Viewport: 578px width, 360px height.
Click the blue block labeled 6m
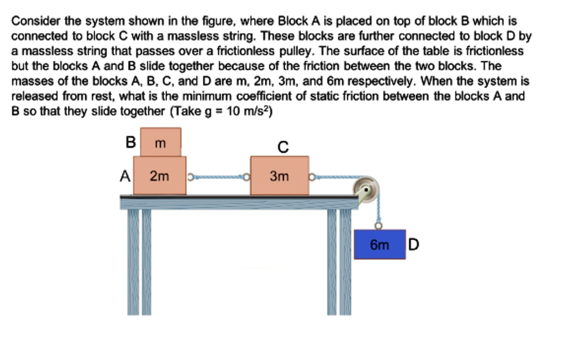pyautogui.click(x=379, y=244)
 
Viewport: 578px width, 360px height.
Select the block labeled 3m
pyautogui.click(x=279, y=176)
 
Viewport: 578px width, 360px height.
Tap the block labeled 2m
pyautogui.click(x=160, y=176)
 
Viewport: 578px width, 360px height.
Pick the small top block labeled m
pyautogui.click(x=160, y=142)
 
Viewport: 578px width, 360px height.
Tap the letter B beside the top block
pyautogui.click(x=131, y=142)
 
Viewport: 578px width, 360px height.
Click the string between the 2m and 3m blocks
pyautogui.click(x=218, y=177)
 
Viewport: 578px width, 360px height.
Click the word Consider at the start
pyautogui.click(x=32, y=21)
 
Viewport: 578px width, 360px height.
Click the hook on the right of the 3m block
pyautogui.click(x=312, y=177)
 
